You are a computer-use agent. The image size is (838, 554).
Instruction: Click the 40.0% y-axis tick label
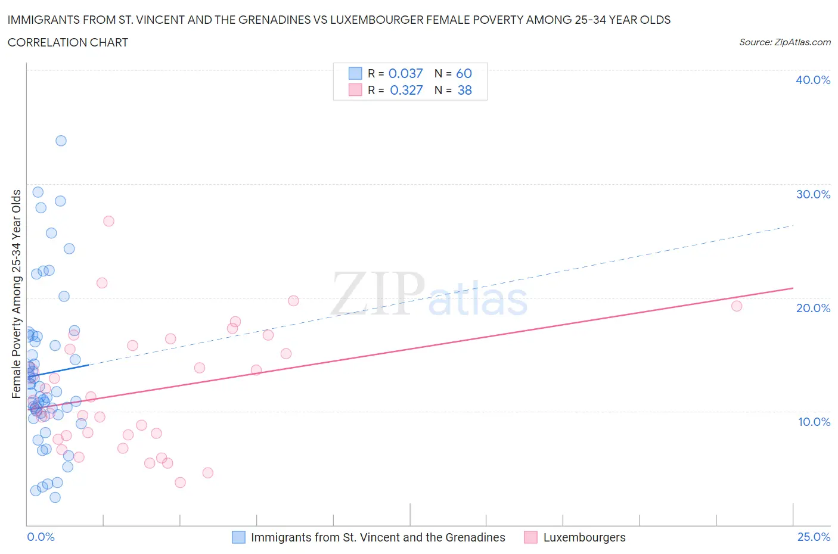coord(812,80)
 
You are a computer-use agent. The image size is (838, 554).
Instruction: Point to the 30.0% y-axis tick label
coord(812,194)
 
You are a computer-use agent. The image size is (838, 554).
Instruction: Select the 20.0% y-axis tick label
coord(812,308)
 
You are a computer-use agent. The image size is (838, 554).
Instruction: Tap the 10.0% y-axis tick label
coord(814,422)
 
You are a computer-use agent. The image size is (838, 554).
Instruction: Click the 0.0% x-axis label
coord(41,537)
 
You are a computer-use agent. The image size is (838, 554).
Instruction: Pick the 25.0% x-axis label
coord(814,537)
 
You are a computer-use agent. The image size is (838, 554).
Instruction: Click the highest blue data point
coord(61,141)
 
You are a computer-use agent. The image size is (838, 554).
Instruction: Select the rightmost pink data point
coord(737,306)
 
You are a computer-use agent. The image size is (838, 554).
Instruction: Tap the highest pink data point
coord(108,221)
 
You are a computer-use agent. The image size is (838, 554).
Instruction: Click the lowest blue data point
coord(55,497)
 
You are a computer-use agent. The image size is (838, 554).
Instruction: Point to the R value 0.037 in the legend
coord(405,73)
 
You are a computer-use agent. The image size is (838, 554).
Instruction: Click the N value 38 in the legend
coord(464,90)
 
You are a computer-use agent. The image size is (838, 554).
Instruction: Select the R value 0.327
coord(406,90)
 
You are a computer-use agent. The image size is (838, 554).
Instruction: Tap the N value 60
coord(464,73)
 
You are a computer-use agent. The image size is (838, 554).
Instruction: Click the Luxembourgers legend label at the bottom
coord(584,537)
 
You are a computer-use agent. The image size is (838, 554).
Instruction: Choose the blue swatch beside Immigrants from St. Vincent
coord(238,537)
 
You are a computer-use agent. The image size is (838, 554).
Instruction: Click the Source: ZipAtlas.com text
coord(784,42)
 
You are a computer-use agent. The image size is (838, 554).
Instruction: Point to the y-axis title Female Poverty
coord(16,294)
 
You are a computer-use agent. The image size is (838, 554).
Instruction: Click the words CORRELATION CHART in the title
coord(68,42)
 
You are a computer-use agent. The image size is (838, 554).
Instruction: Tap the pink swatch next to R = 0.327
coord(355,90)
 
